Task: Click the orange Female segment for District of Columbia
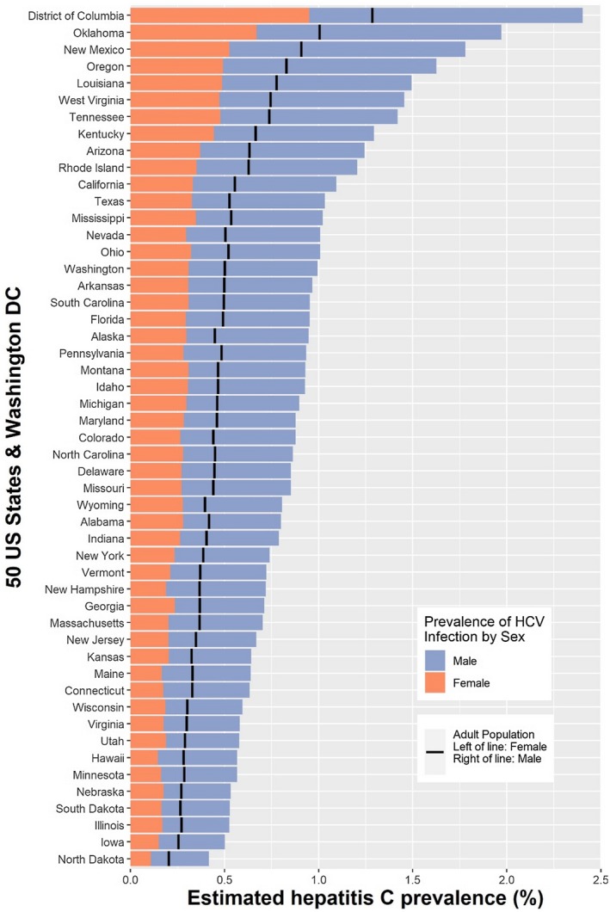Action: pos(219,15)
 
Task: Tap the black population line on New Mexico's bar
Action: pos(301,49)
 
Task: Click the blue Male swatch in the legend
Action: pos(434,661)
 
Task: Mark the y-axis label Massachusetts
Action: pos(84,621)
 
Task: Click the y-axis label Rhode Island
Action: pos(91,167)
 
